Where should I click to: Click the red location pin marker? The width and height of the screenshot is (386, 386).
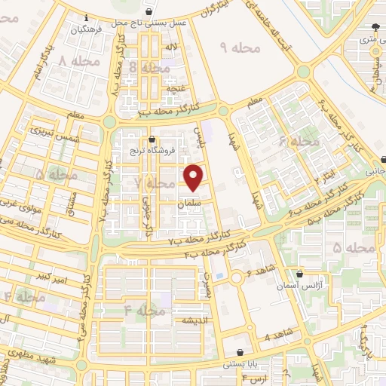coord(195,178)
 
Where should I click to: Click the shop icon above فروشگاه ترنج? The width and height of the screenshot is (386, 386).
coord(154,139)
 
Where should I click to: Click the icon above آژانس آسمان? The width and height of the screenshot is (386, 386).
coord(301,274)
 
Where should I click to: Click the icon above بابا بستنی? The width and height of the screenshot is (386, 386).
coord(240,352)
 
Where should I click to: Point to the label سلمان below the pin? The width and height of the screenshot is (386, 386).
coord(191,204)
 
